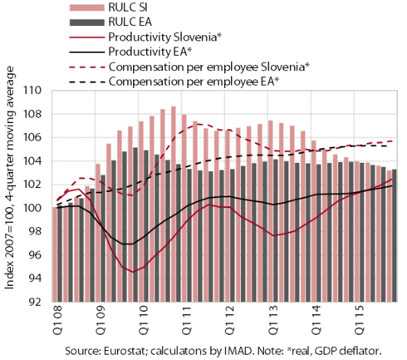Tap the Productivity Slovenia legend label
click(x=165, y=37)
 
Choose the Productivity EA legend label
click(x=150, y=52)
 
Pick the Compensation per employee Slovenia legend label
click(x=209, y=67)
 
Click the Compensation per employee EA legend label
click(x=194, y=81)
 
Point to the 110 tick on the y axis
click(x=32, y=91)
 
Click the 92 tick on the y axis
click(x=35, y=302)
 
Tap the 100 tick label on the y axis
click(x=32, y=208)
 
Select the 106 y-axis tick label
click(x=32, y=137)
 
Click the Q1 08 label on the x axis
click(x=57, y=320)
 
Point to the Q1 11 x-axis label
click(x=187, y=320)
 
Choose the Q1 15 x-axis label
click(x=360, y=320)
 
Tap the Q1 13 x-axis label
click(x=273, y=320)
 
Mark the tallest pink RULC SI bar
click(x=174, y=204)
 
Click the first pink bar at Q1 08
click(x=55, y=254)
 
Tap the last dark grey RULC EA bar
click(x=395, y=235)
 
